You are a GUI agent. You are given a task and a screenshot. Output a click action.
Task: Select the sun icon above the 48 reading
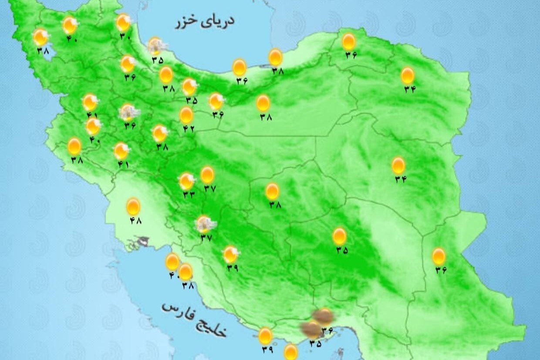pyautogui.click(x=133, y=206)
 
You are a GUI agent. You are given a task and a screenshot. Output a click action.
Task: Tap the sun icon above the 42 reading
pyautogui.click(x=186, y=115)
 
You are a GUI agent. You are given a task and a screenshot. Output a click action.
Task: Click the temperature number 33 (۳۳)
pyautogui.click(x=189, y=195)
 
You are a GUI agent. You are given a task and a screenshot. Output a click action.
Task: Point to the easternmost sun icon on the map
pyautogui.click(x=439, y=256)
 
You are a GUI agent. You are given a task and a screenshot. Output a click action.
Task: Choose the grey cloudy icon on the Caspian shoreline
pyautogui.click(x=156, y=45)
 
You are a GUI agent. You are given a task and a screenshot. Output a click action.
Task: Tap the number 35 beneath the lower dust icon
pyautogui.click(x=315, y=343)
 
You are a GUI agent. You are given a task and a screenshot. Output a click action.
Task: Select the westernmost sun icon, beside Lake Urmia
pyautogui.click(x=40, y=37)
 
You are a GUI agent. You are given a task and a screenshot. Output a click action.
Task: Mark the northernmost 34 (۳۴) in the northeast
pyautogui.click(x=410, y=89)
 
